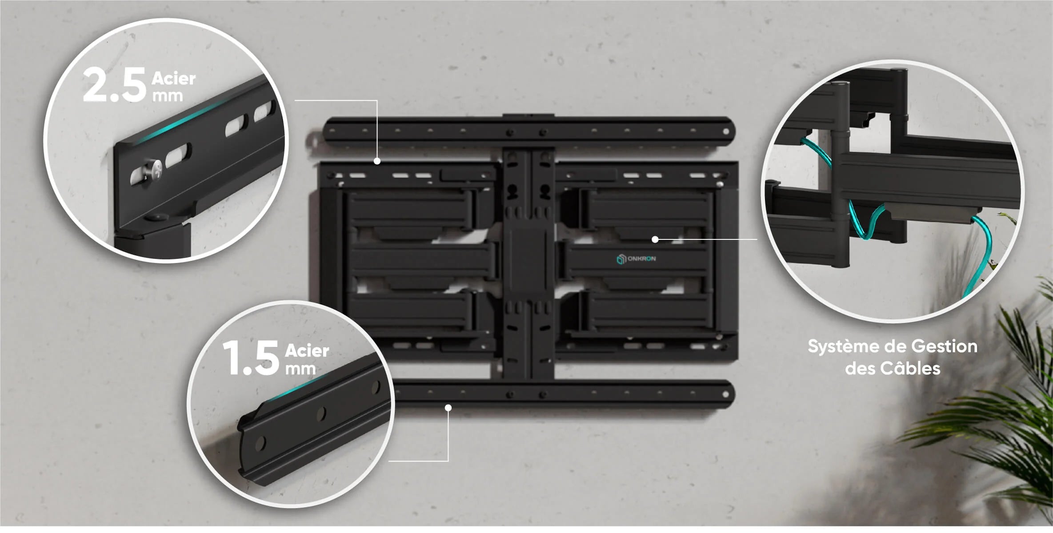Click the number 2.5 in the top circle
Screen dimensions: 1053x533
tap(114, 84)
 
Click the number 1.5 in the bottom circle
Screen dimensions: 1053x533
tap(251, 358)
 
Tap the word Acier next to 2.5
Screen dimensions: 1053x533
tap(173, 79)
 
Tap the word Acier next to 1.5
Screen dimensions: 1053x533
tap(307, 351)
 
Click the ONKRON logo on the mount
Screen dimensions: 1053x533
tap(636, 259)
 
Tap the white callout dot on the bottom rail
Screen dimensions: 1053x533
tap(448, 408)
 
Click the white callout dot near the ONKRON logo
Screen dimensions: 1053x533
tap(655, 239)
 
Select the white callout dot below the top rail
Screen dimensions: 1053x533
tap(377, 161)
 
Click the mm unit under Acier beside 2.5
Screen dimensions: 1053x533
tap(168, 96)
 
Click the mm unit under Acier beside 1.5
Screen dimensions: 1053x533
tap(300, 369)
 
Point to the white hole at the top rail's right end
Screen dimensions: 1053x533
tap(726, 131)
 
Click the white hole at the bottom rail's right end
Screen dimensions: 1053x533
tap(726, 394)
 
